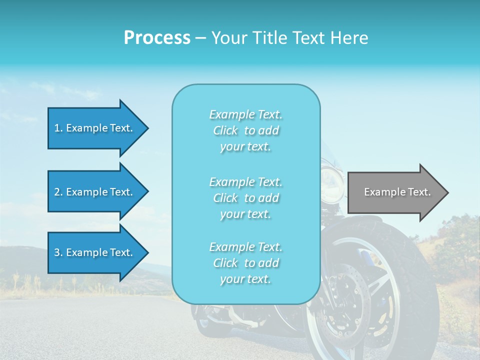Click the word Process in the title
pos(157,38)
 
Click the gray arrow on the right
pos(395,192)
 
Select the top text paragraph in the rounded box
pos(245,130)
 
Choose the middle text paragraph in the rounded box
pos(245,198)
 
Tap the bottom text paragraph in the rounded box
pos(245,263)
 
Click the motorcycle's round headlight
pos(331,177)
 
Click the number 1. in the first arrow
pos(58,128)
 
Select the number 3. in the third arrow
pos(58,252)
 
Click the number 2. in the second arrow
pos(58,192)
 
